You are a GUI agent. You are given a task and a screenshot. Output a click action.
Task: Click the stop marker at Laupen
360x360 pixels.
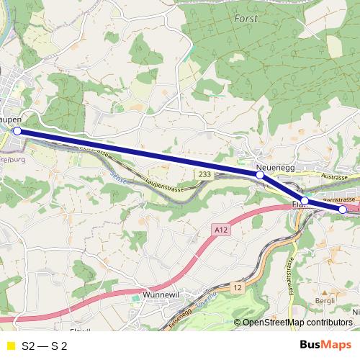(x=17, y=132)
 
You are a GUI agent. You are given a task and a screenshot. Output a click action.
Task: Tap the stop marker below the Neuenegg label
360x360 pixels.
(x=260, y=175)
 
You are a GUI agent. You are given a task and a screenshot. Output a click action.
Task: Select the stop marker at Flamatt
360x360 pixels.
(x=305, y=200)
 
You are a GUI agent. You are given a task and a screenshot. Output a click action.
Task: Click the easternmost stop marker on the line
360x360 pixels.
(x=343, y=210)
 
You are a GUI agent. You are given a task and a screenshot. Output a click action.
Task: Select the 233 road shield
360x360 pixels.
(x=204, y=174)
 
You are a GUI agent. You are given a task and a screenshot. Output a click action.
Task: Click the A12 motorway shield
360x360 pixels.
(x=221, y=229)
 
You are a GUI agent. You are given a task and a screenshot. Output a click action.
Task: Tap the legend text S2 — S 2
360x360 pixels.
(x=45, y=346)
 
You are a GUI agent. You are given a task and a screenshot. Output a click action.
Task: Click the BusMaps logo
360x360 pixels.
(x=320, y=345)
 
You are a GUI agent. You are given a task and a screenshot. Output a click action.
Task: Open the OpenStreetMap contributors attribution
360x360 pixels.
(x=297, y=323)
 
